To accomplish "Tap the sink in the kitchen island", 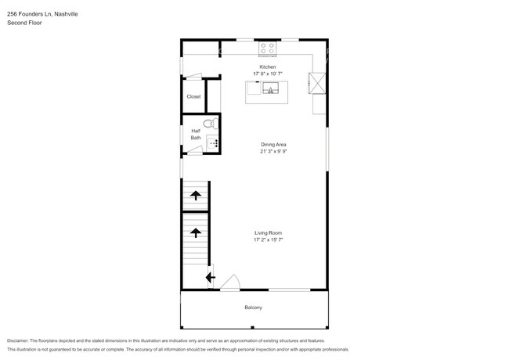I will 271,88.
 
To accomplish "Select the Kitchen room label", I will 268,67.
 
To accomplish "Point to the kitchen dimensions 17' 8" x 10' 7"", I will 268,74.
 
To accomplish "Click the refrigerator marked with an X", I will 318,82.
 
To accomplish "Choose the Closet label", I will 193,96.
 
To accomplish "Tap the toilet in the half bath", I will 209,124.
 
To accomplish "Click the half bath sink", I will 211,143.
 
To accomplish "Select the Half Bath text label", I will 195,135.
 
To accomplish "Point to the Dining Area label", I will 273,144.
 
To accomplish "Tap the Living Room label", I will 268,233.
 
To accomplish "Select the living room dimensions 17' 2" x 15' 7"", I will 268,240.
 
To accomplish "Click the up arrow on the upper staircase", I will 194,195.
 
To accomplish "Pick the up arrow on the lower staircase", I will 194,232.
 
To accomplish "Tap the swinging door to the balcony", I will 229,283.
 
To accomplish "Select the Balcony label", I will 253,308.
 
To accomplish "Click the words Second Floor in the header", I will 24,23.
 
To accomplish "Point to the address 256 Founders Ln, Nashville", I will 43,14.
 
